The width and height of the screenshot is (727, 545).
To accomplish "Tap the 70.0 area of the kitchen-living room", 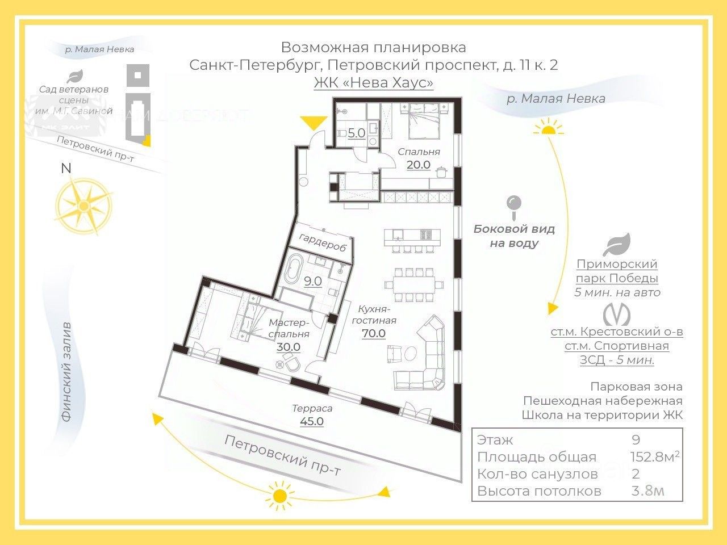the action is tap(374, 333).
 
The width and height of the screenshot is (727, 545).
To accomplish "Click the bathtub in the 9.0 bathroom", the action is tap(294, 269).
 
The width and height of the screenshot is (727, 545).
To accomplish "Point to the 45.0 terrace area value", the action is tap(312, 421).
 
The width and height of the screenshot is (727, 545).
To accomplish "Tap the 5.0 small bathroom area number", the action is tap(356, 133).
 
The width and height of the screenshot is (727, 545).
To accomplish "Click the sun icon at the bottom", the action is tap(279, 494).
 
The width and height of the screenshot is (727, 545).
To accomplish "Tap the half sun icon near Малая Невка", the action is tap(548, 127).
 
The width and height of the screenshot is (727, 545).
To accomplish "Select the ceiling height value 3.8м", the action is tap(647, 491).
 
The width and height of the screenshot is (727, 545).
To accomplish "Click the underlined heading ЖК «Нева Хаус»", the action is tap(373, 83).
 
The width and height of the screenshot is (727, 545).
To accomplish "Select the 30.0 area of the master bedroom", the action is tap(289, 347).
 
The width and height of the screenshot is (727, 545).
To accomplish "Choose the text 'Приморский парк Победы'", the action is tap(617, 271).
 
